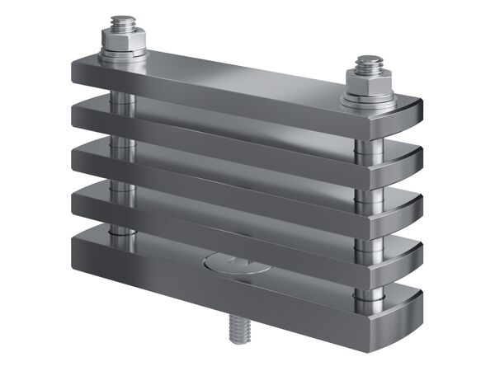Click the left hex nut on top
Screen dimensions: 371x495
123,40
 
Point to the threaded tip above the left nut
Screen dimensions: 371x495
124,22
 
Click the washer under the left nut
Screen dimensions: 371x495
124,56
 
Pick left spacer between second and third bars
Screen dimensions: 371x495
121,143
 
